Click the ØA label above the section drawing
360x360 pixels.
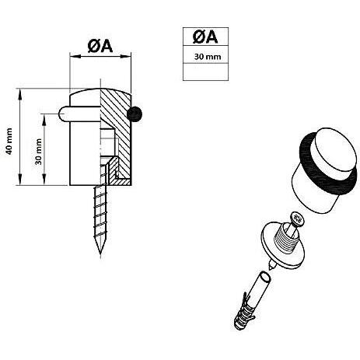point(100,47)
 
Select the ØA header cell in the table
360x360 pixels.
point(205,37)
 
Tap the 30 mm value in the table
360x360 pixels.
point(208,57)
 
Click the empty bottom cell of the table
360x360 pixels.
point(205,72)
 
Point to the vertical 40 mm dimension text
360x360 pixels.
point(9,142)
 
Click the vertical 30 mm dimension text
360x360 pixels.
point(39,152)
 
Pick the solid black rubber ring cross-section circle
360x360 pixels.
point(135,114)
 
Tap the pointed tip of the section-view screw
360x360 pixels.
point(100,253)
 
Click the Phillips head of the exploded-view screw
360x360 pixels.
point(297,218)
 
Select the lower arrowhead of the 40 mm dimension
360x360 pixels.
point(19,180)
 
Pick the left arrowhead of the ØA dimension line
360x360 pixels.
point(75,56)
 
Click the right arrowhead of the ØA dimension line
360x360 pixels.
point(126,56)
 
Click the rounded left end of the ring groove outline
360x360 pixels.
point(61,114)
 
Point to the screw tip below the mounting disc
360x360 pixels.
point(270,265)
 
